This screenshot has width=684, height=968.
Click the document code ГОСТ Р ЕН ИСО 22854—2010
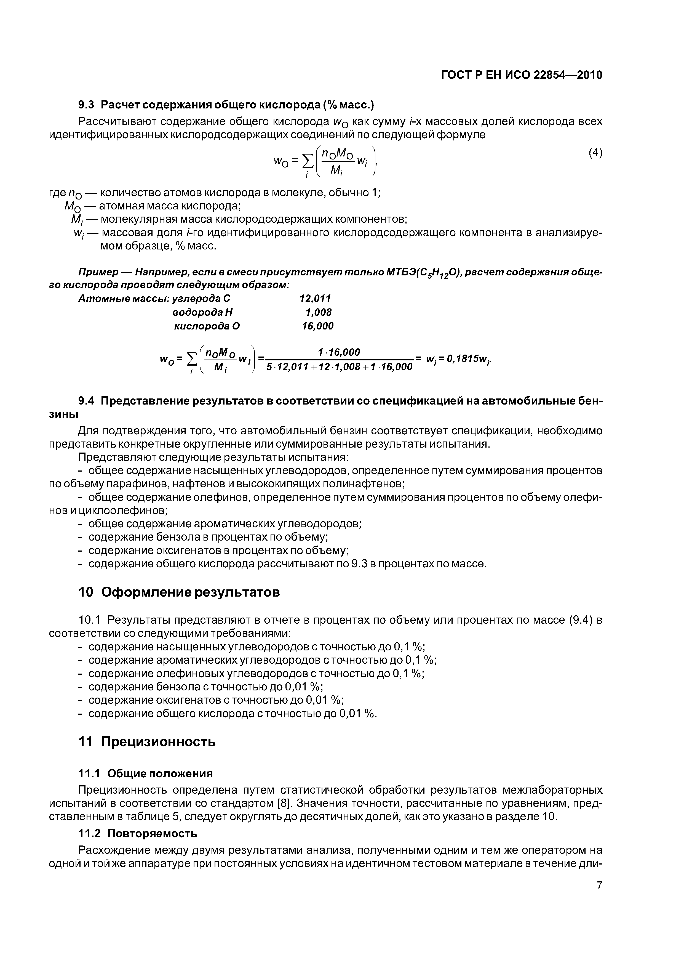[521, 75]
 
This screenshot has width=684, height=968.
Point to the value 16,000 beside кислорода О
[317, 326]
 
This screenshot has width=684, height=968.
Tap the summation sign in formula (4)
[309, 160]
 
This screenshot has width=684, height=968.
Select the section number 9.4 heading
[87, 400]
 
